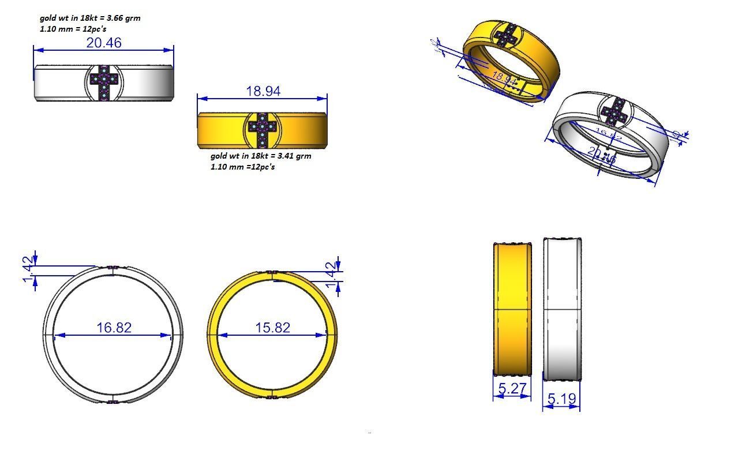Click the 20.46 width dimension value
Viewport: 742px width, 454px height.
[x=104, y=43]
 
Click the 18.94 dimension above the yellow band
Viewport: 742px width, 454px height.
[x=263, y=91]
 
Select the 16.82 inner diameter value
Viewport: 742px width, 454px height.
[x=114, y=328]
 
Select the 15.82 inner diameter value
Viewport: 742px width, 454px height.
[x=273, y=328]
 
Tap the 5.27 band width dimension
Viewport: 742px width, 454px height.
[x=511, y=389]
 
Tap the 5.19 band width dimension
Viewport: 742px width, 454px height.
[x=561, y=399]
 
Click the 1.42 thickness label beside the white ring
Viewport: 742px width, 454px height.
[x=27, y=271]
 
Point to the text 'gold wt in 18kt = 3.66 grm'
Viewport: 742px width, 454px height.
[x=90, y=18]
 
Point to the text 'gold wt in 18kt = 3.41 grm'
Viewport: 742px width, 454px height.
[x=261, y=156]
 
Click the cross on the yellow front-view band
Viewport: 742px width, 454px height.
[x=263, y=131]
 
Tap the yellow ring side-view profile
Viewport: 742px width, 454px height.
[x=512, y=309]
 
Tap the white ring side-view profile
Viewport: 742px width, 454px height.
[x=562, y=309]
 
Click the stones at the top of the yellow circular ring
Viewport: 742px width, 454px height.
[x=272, y=272]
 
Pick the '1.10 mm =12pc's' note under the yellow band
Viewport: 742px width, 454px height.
[x=243, y=167]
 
